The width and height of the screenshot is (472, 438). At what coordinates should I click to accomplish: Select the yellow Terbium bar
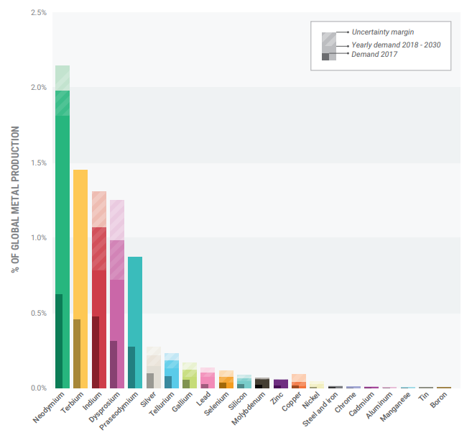pyautogui.click(x=80, y=280)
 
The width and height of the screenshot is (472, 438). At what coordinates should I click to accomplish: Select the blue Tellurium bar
pyautogui.click(x=172, y=374)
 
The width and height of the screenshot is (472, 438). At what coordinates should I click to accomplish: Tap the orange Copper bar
pyautogui.click(x=299, y=382)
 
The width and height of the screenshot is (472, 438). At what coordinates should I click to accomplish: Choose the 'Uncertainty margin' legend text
pyautogui.click(x=383, y=32)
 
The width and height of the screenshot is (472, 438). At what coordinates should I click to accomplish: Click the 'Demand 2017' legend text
pyautogui.click(x=376, y=55)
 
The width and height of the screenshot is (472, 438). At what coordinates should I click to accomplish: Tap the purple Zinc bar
pyautogui.click(x=280, y=383)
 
